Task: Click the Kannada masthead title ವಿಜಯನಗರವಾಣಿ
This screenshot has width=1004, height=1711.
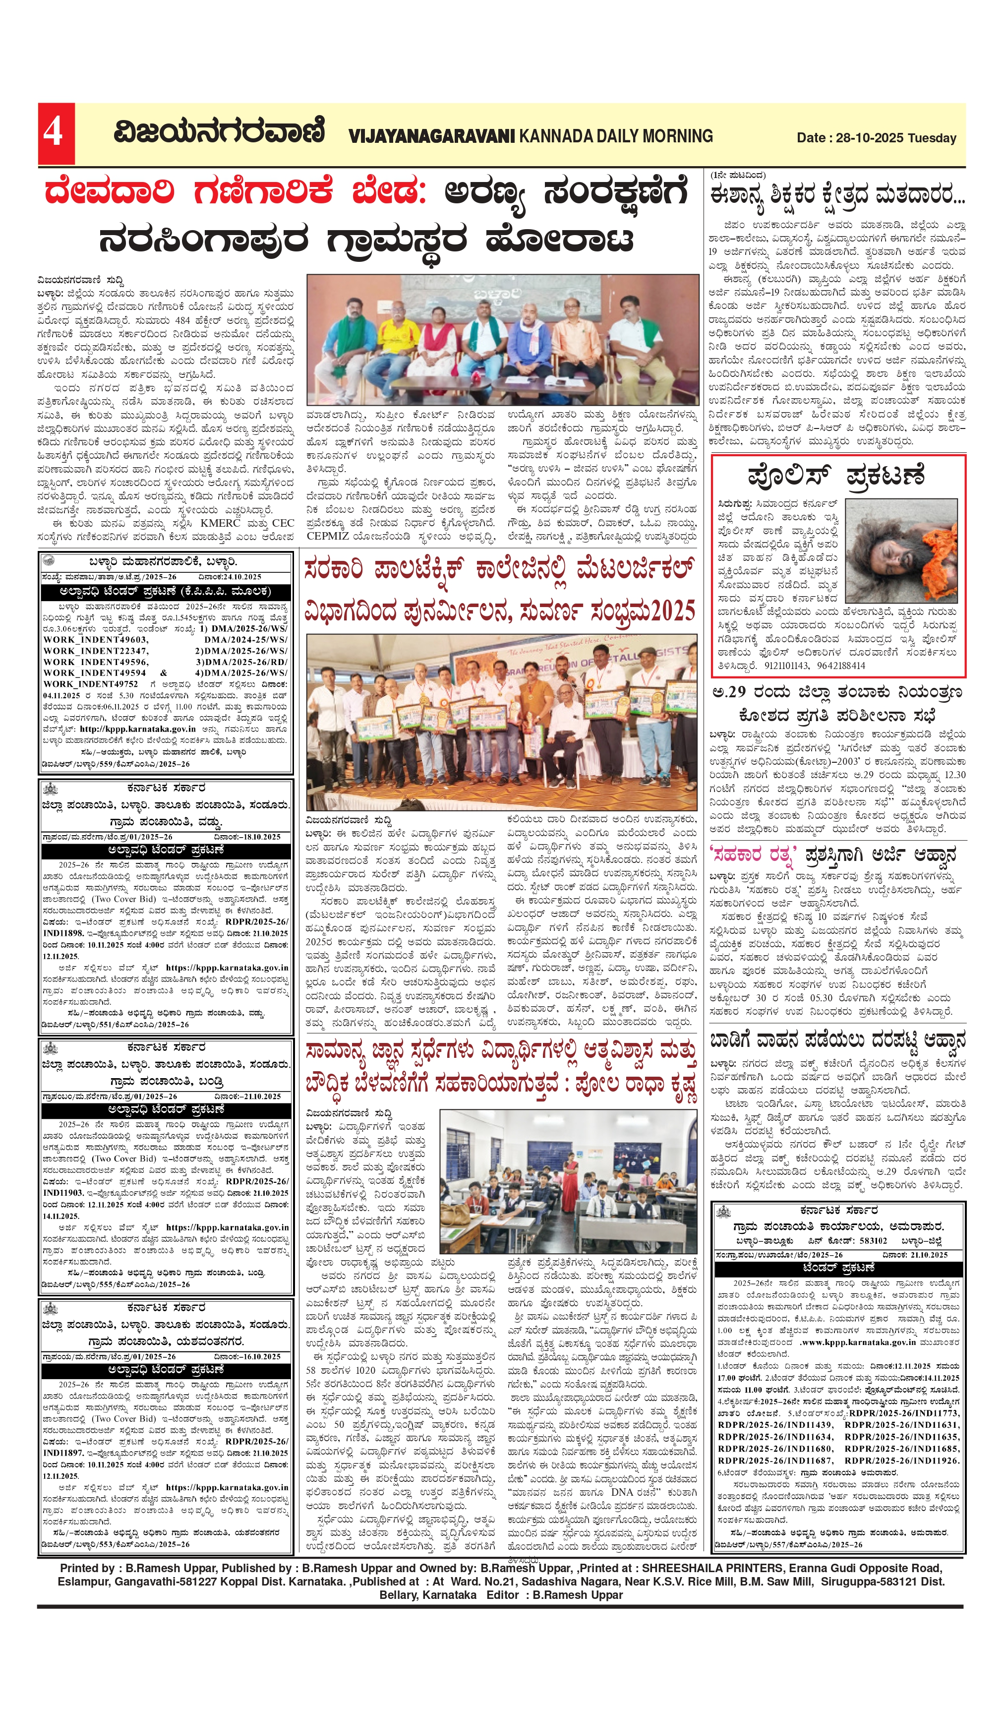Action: [x=219, y=132]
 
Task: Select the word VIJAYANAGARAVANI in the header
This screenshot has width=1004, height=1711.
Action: [x=432, y=136]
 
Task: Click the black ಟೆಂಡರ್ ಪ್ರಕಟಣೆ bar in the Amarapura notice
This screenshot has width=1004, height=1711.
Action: [x=838, y=1268]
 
